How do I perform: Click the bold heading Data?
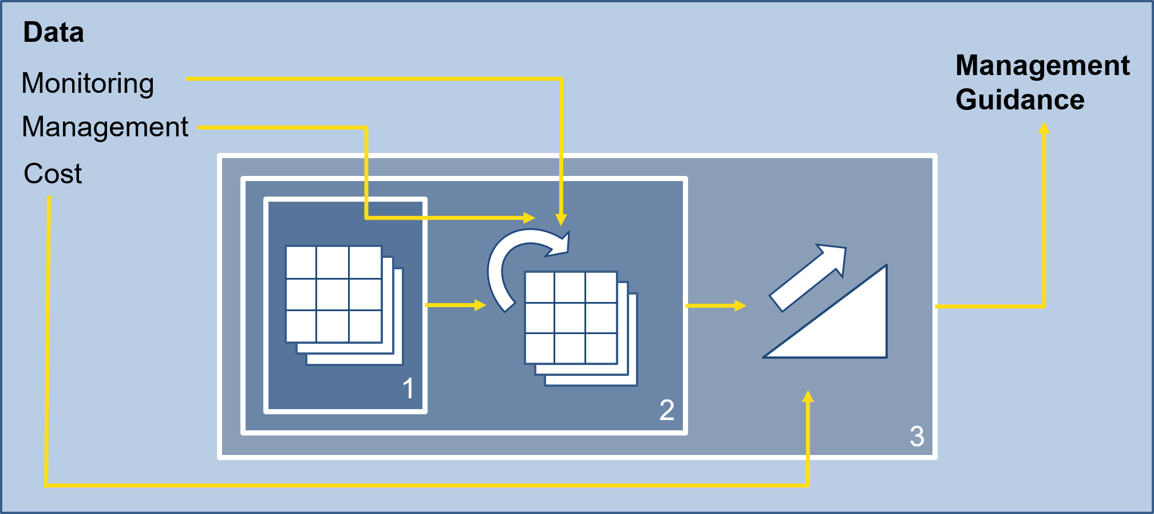pos(53,33)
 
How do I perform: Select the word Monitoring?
pos(88,84)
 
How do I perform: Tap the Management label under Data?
pos(105,127)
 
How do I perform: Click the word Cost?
pos(53,174)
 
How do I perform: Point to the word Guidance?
pos(1020,100)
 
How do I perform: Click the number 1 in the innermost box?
pos(408,389)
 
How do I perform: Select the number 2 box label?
pos(666,410)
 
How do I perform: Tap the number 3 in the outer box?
pos(916,436)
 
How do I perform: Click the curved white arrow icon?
pos(518,264)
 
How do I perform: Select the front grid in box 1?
pos(334,294)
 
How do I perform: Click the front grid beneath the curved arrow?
pos(571,317)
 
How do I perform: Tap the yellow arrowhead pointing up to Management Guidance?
pos(1044,128)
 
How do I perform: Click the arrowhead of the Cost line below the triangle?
pos(808,397)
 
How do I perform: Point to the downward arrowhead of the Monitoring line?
pos(561,219)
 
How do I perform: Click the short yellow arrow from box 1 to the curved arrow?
pos(456,305)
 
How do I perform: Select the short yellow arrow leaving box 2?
pos(716,306)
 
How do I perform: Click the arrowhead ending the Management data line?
pos(529,218)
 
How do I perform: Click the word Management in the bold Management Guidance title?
pos(1042,66)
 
